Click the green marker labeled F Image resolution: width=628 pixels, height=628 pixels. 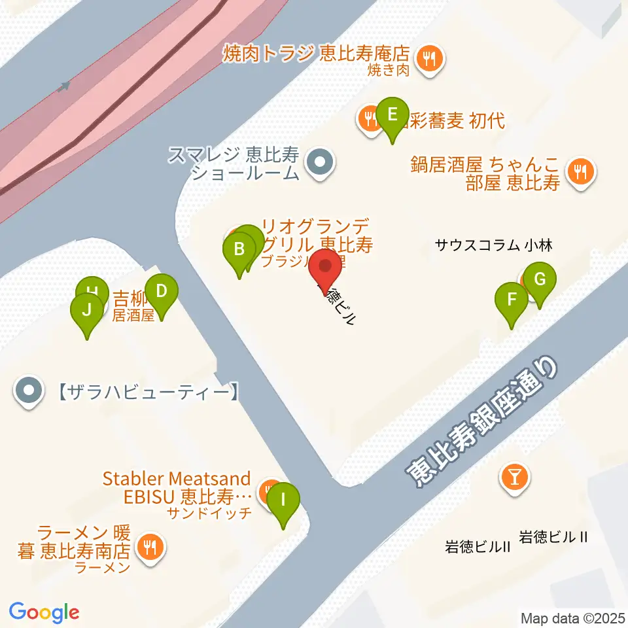click(512, 300)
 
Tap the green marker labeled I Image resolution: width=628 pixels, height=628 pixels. click(283, 500)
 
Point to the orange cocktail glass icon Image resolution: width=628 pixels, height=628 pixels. click(514, 477)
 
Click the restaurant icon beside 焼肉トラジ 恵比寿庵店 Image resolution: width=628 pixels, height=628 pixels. click(429, 59)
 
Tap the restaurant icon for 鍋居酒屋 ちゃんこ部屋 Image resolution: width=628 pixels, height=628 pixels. click(580, 173)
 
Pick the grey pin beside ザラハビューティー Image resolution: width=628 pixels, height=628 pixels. click(29, 392)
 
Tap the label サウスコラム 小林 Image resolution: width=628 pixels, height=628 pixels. click(494, 246)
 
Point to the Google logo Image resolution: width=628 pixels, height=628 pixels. click(44, 612)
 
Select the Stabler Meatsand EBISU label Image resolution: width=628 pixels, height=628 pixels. click(177, 487)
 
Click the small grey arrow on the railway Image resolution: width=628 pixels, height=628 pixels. click(63, 86)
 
